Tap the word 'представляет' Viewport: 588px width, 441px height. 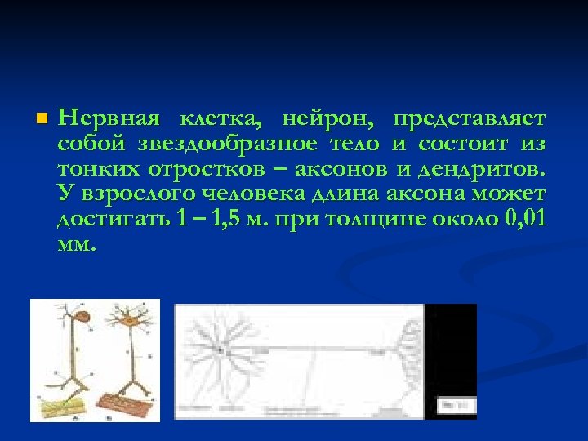469,119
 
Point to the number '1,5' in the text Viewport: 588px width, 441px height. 228,220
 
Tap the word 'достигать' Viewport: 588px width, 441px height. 112,220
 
